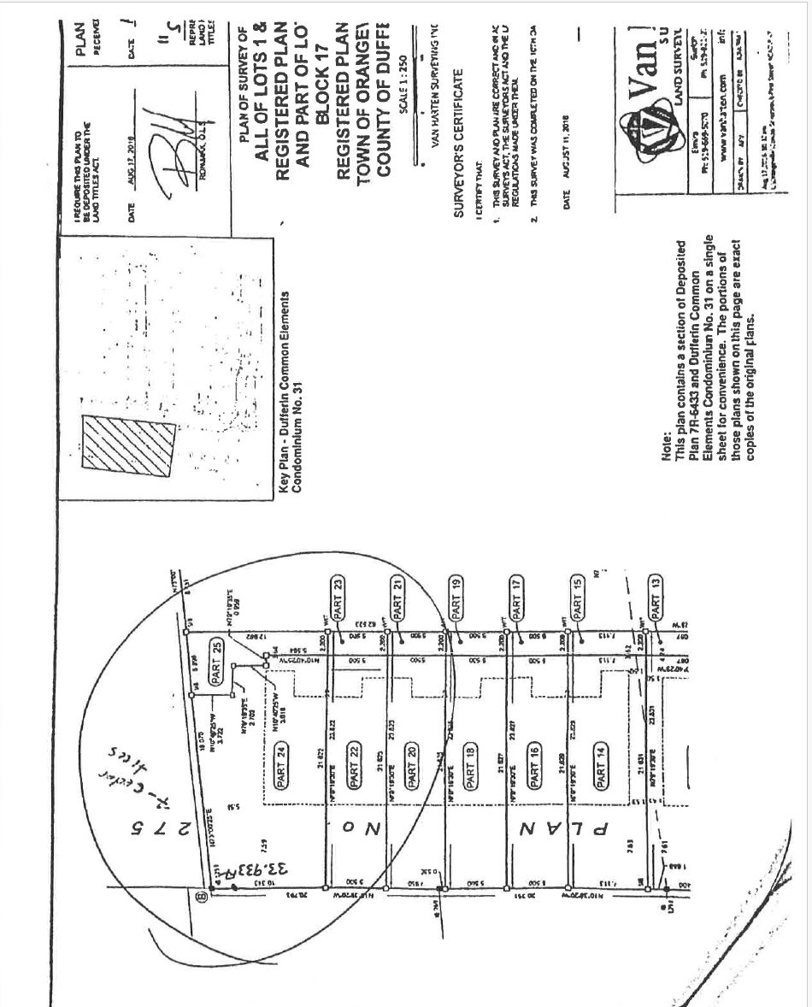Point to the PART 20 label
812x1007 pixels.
[x=410, y=763]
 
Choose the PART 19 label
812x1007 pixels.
[x=456, y=600]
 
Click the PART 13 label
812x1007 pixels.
[x=656, y=599]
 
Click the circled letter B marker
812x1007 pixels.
[x=201, y=896]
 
